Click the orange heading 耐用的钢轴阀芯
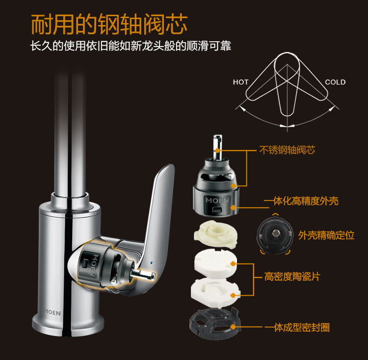pyautogui.click(x=109, y=24)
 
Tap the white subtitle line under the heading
pyautogui.click(x=131, y=46)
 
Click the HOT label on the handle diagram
pyautogui.click(x=240, y=82)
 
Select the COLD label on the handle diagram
pyautogui.click(x=335, y=82)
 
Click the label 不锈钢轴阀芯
pyautogui.click(x=287, y=150)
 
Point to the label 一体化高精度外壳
pyautogui.click(x=301, y=201)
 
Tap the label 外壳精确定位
pyautogui.click(x=326, y=235)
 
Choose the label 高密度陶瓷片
pyautogui.click(x=292, y=277)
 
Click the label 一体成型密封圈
pyautogui.click(x=297, y=328)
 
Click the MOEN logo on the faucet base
pyautogui.click(x=53, y=312)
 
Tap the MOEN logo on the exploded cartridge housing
pyautogui.click(x=217, y=200)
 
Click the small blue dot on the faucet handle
pyautogui.click(x=151, y=263)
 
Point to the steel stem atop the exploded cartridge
pyautogui.click(x=217, y=147)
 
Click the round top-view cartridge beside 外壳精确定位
pyautogui.click(x=275, y=234)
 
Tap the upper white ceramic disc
pyautogui.click(x=215, y=263)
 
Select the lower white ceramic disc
pyautogui.click(x=215, y=292)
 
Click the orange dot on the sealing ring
pyautogui.click(x=233, y=327)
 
